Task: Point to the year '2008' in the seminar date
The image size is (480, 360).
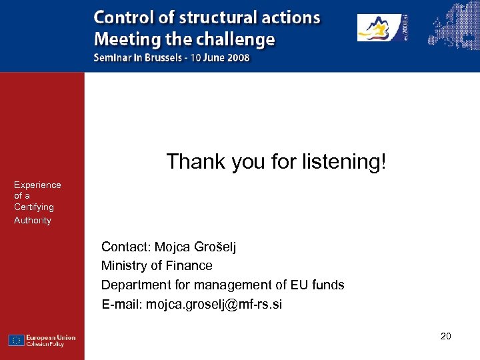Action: tap(237, 57)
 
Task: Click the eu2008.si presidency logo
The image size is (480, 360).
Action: tap(383, 27)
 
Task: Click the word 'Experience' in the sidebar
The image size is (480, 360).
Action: tap(37, 185)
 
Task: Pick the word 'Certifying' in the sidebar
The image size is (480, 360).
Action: tap(34, 207)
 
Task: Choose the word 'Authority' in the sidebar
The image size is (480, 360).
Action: tap(33, 220)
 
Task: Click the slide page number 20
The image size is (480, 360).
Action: tap(445, 336)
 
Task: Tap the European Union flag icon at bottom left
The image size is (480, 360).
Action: tap(17, 340)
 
